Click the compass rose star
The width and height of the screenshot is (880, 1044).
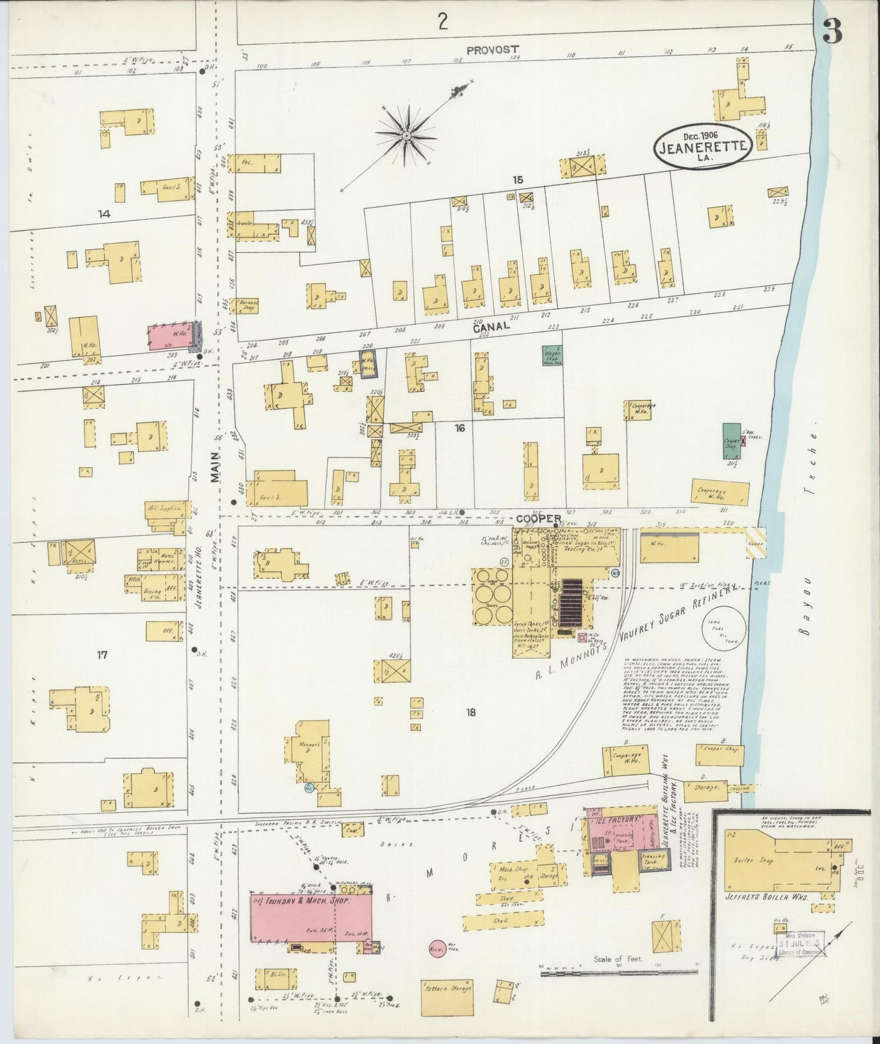point(406,133)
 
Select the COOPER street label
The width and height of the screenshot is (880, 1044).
point(538,518)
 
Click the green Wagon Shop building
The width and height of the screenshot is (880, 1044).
point(552,355)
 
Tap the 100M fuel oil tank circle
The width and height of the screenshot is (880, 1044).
point(723,628)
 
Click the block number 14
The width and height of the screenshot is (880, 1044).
point(104,214)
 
